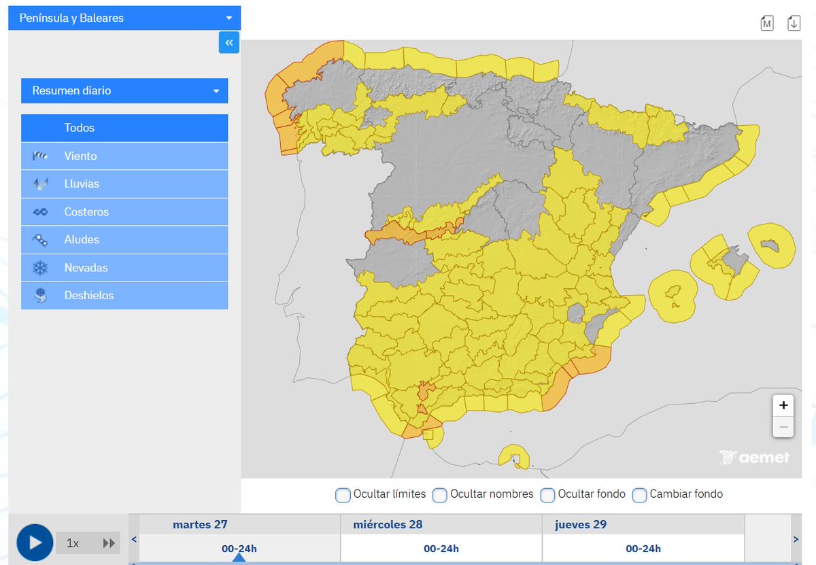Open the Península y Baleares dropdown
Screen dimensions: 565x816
[124, 18]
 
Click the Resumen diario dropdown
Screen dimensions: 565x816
[124, 90]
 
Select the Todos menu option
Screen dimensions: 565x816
[124, 128]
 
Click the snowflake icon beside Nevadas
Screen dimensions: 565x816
[40, 268]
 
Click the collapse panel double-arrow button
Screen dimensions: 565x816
[229, 43]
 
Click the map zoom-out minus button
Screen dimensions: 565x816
[783, 427]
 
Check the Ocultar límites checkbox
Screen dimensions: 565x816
[343, 495]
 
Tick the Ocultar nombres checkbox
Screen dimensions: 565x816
[440, 495]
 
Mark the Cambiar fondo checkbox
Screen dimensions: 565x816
[639, 495]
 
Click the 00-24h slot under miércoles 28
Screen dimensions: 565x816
[441, 549]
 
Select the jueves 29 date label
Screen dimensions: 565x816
[581, 525]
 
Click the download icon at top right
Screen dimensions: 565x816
[794, 23]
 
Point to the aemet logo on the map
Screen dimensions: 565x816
[755, 457]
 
